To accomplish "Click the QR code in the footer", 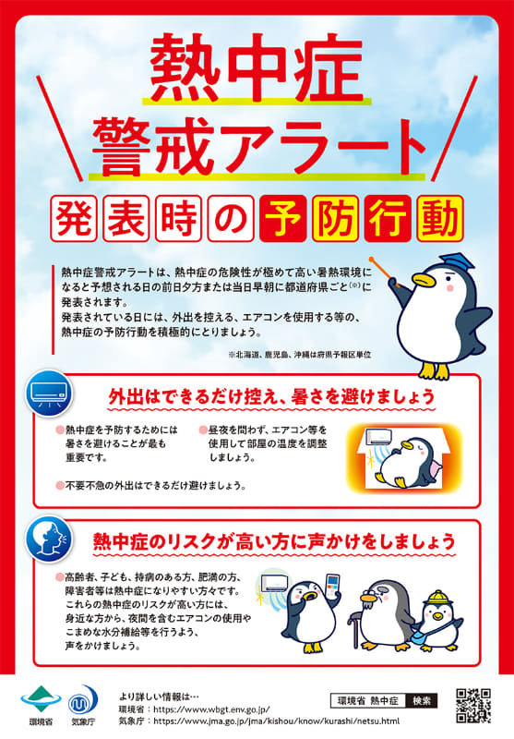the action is point(473,706).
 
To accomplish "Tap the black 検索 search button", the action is point(422,701).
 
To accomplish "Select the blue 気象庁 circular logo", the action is point(83,700).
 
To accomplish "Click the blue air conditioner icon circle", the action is point(49,394).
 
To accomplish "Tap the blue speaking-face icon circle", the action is point(49,539).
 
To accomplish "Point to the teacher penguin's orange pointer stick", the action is point(385,272).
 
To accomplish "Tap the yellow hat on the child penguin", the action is point(436,598).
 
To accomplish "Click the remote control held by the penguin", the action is point(332,587).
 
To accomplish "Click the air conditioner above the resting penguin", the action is point(379,436).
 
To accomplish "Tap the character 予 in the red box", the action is point(282,219).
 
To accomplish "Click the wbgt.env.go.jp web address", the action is point(212,709).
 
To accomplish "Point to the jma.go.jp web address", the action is point(276,721).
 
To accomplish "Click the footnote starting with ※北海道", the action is point(300,355).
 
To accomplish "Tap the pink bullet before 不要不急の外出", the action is point(60,485).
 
